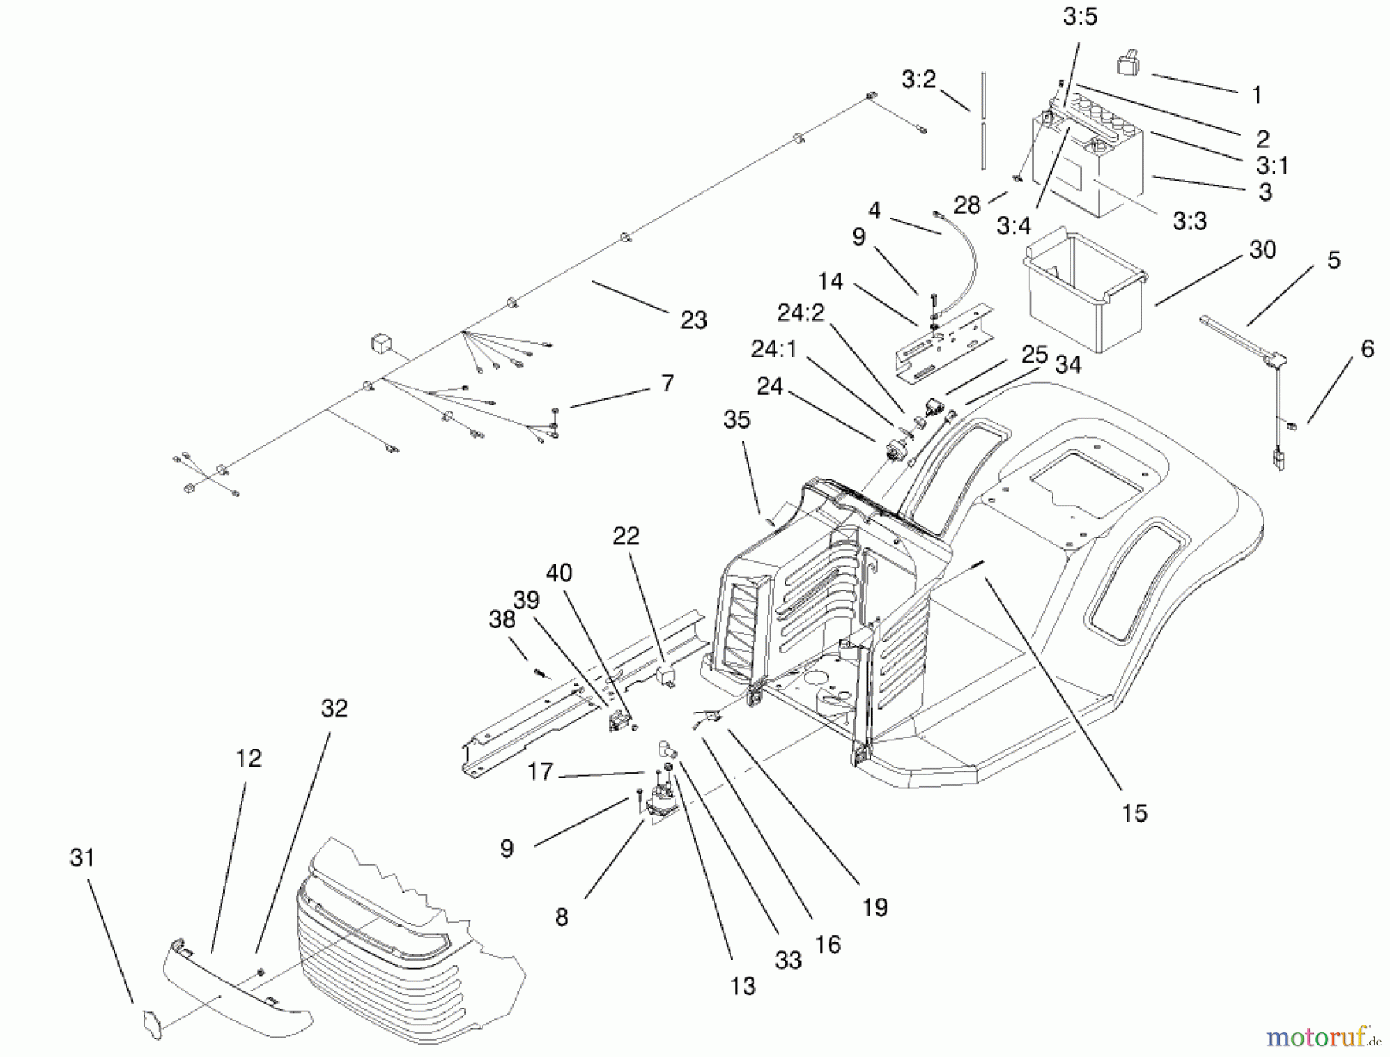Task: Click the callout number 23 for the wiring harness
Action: (x=693, y=320)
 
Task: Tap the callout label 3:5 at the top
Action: (x=1080, y=17)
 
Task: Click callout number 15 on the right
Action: (x=1134, y=813)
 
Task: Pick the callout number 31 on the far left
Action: (x=82, y=858)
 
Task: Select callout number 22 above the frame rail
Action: (x=626, y=536)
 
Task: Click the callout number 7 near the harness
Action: (x=667, y=384)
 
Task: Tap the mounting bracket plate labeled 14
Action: (x=942, y=340)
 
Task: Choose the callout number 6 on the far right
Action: (x=1367, y=350)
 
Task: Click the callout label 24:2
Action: (x=801, y=313)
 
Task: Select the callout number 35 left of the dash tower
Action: (x=737, y=420)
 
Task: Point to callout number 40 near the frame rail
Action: (x=559, y=573)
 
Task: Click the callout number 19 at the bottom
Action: (x=875, y=908)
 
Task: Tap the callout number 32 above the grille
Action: (x=334, y=709)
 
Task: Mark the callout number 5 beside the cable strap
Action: (x=1334, y=261)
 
